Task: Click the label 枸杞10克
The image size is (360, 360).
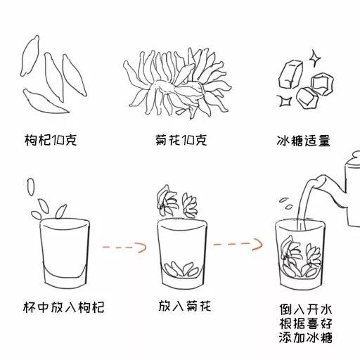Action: [x=50, y=141]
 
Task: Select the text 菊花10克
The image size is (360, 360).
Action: [x=180, y=141]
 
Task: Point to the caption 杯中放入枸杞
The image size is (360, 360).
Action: [x=64, y=307]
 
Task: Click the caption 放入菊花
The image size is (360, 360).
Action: [x=184, y=307]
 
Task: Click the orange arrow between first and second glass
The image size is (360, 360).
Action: [x=123, y=247]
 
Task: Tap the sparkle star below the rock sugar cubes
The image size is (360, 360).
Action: [x=284, y=101]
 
